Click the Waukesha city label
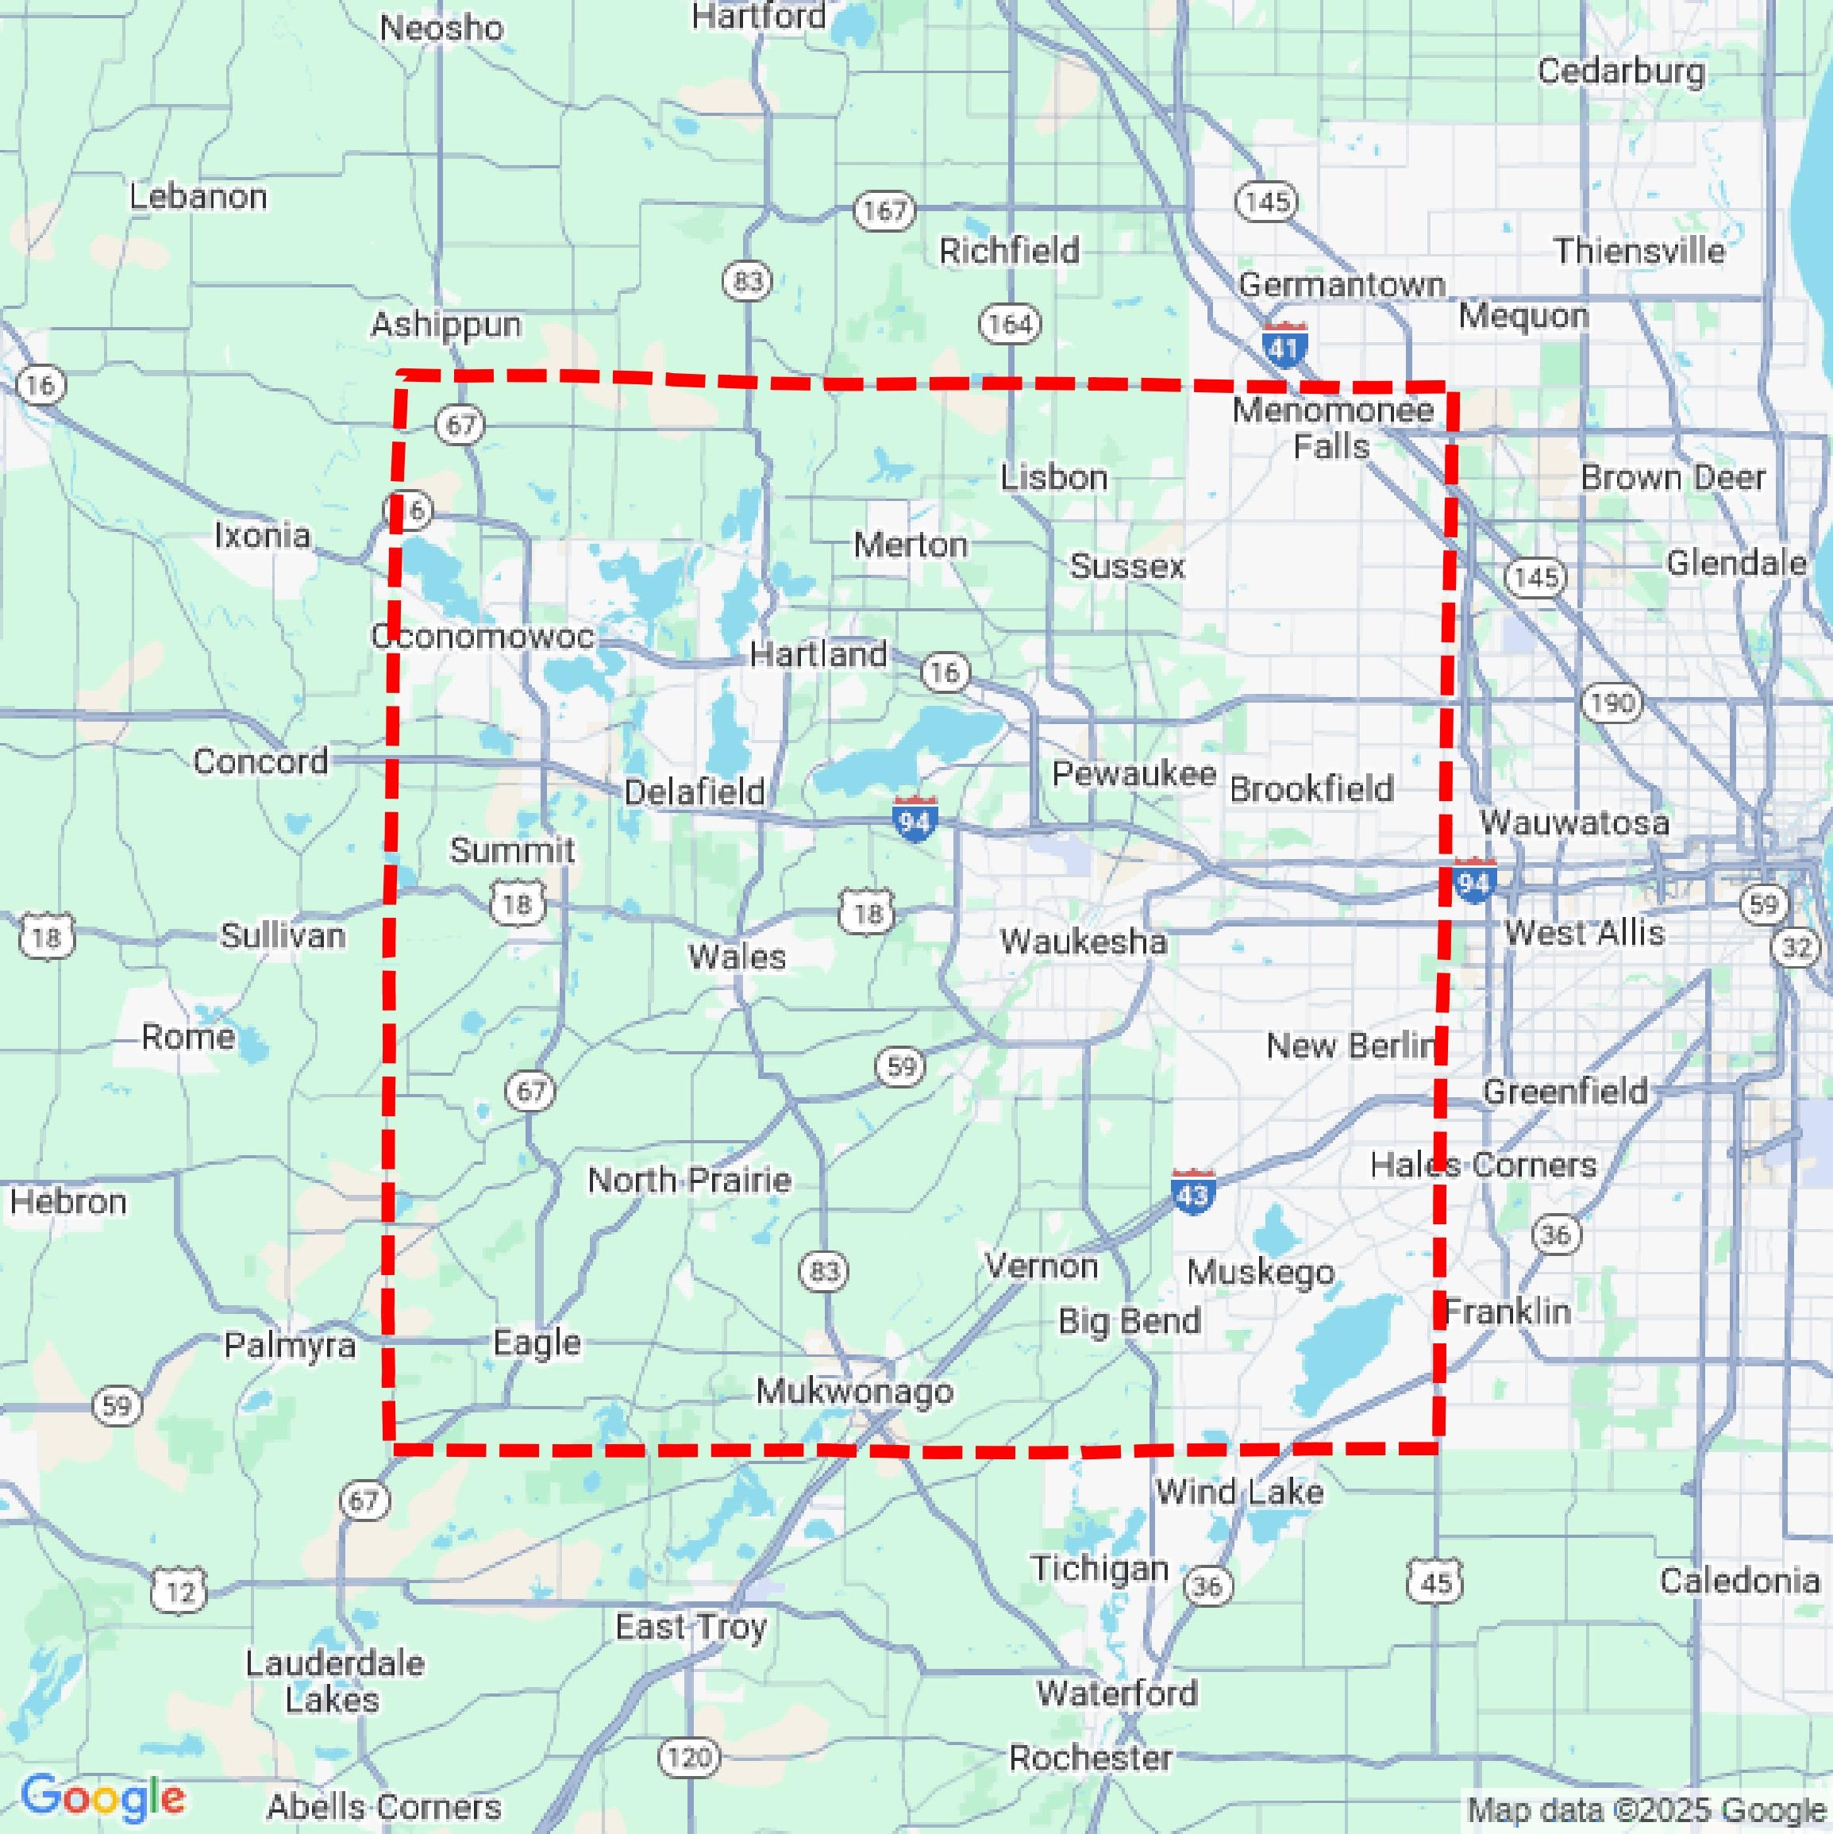point(1083,942)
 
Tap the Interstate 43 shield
point(1192,1192)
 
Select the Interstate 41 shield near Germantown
point(1284,345)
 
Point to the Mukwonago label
point(854,1392)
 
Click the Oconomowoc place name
point(482,636)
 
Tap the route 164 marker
point(1010,324)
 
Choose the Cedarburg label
point(1620,71)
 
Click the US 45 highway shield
point(1435,1582)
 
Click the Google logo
point(102,1796)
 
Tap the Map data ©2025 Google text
point(1647,1809)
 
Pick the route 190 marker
point(1612,703)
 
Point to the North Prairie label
point(689,1180)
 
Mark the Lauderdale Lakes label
point(334,1682)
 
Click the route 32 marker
point(1796,947)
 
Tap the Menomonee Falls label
point(1333,428)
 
